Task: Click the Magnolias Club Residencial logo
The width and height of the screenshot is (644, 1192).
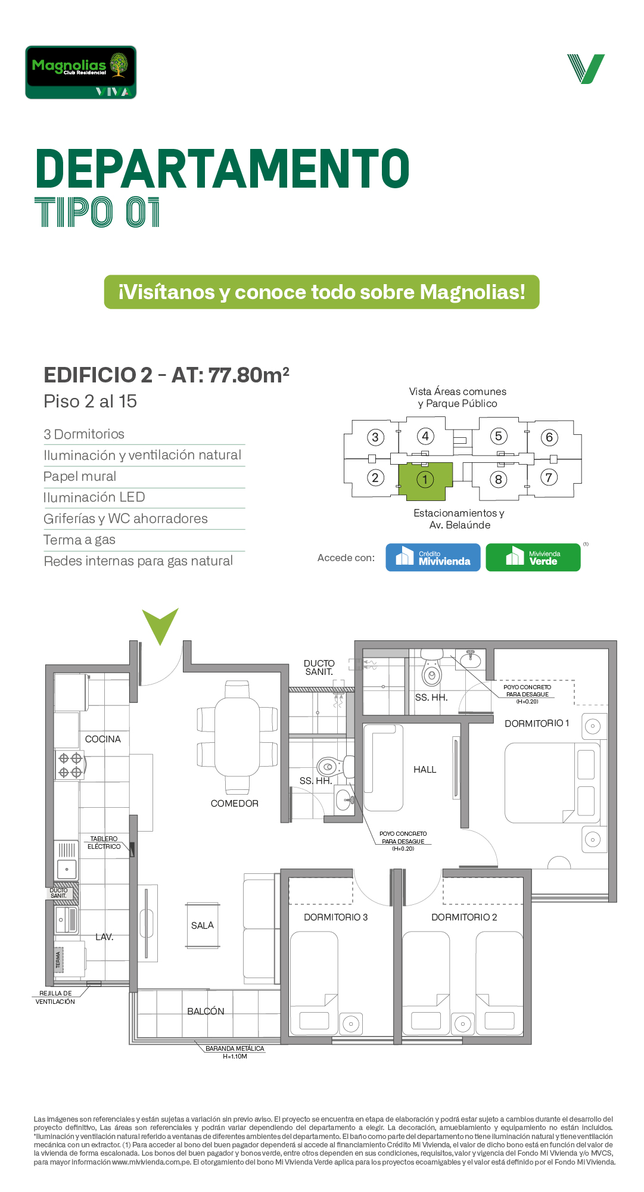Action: [x=81, y=72]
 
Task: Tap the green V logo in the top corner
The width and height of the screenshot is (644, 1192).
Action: [x=586, y=69]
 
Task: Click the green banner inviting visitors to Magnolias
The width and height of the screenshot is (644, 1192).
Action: [x=322, y=292]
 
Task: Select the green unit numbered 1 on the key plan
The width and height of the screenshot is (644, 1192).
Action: [x=425, y=481]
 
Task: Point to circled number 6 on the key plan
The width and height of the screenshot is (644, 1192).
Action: [x=549, y=437]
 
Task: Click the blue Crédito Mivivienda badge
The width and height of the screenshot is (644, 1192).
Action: [x=433, y=558]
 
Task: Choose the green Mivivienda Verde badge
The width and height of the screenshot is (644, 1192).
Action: [x=533, y=558]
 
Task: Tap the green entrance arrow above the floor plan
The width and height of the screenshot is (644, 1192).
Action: [x=160, y=625]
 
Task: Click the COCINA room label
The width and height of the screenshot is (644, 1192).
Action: [x=103, y=739]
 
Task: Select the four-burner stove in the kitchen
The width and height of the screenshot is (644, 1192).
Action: [x=70, y=765]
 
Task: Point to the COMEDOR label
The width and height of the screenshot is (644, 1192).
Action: [x=235, y=804]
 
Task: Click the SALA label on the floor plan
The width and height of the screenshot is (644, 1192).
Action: [x=203, y=925]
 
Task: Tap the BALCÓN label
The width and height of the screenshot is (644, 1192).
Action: [x=206, y=1011]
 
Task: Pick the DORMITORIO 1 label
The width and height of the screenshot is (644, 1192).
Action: [x=537, y=723]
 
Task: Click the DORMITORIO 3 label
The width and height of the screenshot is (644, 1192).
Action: [x=336, y=917]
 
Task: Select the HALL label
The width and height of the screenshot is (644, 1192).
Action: [x=425, y=770]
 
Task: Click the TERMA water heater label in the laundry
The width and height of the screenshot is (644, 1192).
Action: [x=58, y=960]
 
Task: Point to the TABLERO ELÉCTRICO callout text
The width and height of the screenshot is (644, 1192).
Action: [x=104, y=843]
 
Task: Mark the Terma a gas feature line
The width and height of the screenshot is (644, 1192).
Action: [x=79, y=540]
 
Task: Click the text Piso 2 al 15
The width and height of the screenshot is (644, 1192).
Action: [x=91, y=402]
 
